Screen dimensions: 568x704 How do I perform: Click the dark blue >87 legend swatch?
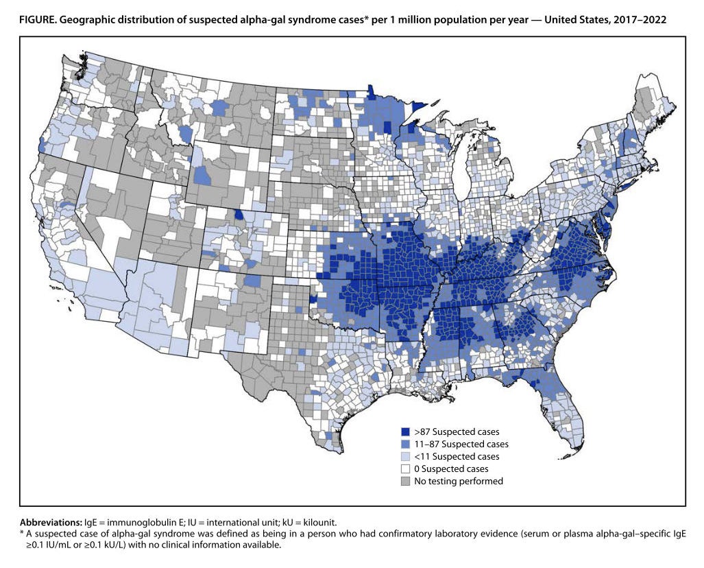pyautogui.click(x=405, y=432)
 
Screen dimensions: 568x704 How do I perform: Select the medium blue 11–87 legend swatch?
pyautogui.click(x=405, y=445)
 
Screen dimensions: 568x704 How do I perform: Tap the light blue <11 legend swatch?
pyautogui.click(x=405, y=457)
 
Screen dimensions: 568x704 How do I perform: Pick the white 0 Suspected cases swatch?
pyautogui.click(x=405, y=469)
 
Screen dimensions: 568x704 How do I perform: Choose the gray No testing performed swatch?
pyautogui.click(x=405, y=482)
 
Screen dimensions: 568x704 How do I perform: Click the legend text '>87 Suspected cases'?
pyautogui.click(x=456, y=432)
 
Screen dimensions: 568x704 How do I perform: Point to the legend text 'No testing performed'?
pyautogui.click(x=458, y=482)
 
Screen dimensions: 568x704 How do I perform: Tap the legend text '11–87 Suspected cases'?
pyautogui.click(x=461, y=445)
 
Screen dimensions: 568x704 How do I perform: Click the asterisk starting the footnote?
pyautogui.click(x=22, y=534)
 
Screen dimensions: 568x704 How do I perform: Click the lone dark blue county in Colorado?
pyautogui.click(x=238, y=214)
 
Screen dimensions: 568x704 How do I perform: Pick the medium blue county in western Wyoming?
pyautogui.click(x=202, y=176)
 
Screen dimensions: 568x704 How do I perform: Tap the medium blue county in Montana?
pyautogui.click(x=219, y=108)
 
